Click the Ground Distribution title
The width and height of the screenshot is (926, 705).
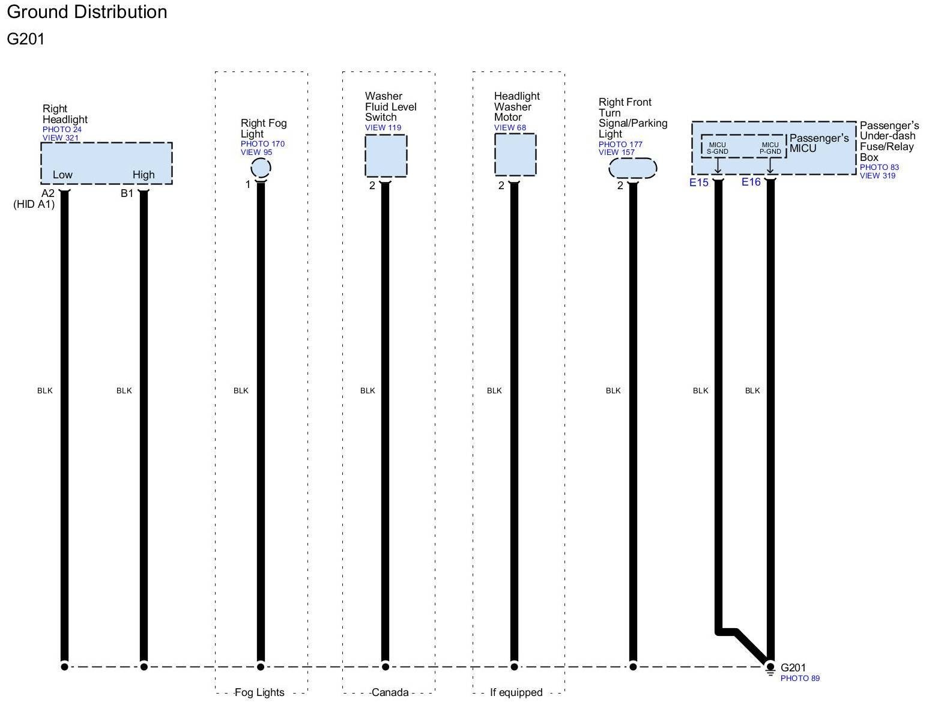click(87, 12)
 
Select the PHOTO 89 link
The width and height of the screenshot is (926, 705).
click(800, 679)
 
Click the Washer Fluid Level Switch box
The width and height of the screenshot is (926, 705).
click(386, 156)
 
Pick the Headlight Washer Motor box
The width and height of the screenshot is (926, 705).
click(515, 154)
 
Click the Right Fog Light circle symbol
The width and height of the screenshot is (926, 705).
click(261, 168)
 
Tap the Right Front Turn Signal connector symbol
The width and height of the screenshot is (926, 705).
click(633, 168)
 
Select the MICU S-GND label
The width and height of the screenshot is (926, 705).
click(718, 148)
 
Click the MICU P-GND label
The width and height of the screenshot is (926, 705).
click(770, 148)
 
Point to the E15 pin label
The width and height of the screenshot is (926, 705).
click(699, 183)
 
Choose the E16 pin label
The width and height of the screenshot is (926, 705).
click(751, 182)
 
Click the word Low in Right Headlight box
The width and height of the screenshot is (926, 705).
click(62, 175)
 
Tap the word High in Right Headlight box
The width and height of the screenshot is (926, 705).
click(144, 175)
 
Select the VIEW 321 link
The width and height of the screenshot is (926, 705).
click(61, 138)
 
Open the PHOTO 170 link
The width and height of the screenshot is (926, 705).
click(262, 144)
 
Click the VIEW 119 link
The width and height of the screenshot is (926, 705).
click(383, 128)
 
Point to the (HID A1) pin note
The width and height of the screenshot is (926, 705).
click(34, 204)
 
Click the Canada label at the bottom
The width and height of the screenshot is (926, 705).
click(390, 692)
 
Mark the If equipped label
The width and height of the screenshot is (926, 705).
click(516, 692)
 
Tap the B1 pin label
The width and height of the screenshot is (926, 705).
click(127, 193)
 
